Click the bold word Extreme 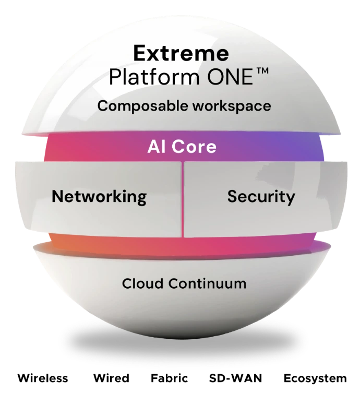click(x=181, y=53)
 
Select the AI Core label click(x=181, y=147)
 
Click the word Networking click(x=99, y=197)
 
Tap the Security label click(x=261, y=197)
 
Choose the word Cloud click(x=143, y=284)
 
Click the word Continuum click(x=207, y=284)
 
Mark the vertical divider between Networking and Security click(x=182, y=198)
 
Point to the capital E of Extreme click(x=138, y=53)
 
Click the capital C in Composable click(x=103, y=106)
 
